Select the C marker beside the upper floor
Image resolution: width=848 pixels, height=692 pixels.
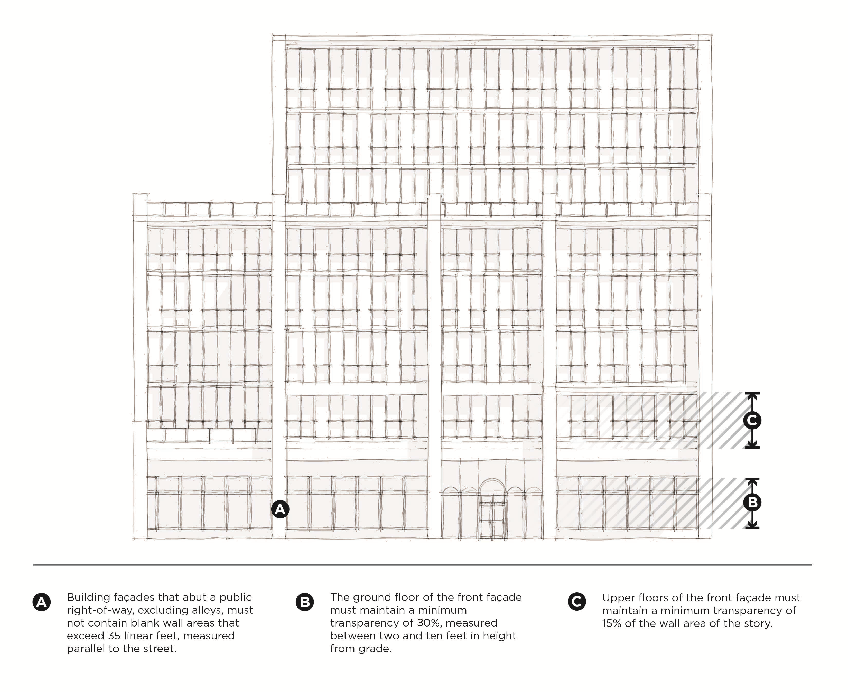tap(752, 420)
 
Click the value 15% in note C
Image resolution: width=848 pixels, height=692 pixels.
tap(612, 623)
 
